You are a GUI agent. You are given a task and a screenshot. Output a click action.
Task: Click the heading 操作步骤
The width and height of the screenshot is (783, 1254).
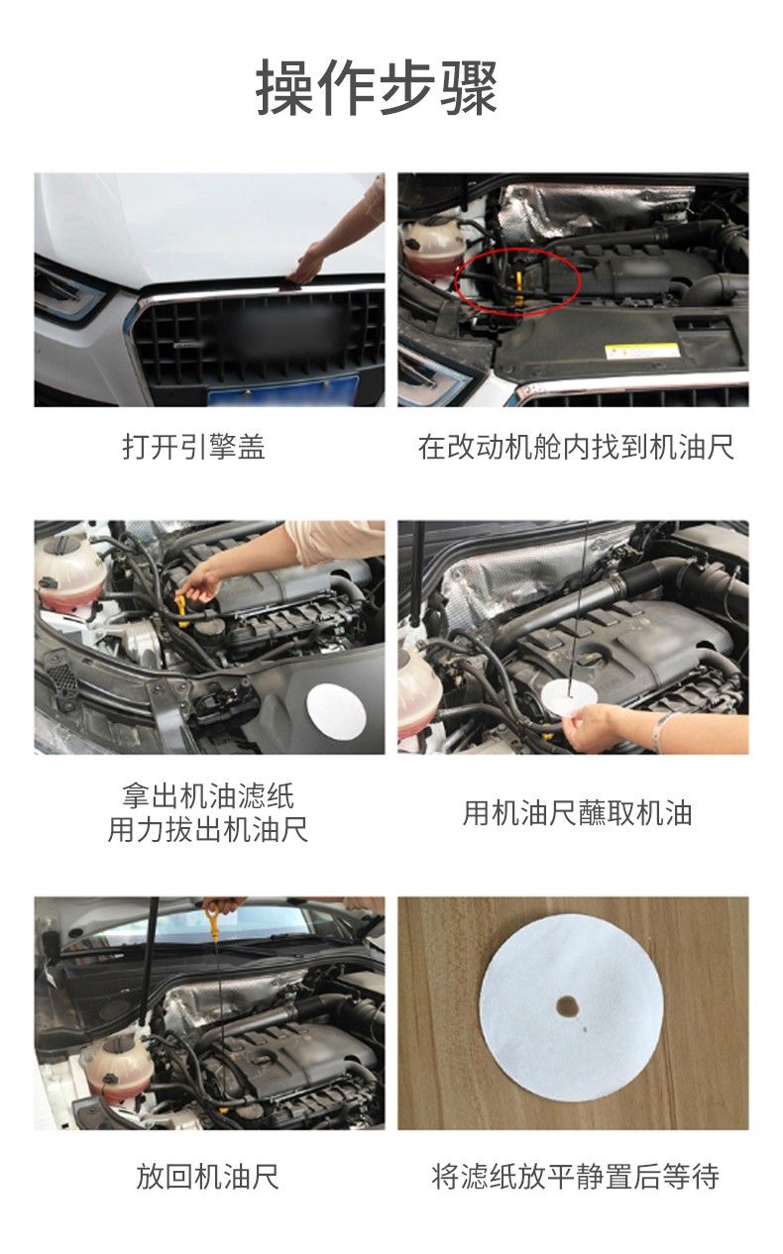(377, 88)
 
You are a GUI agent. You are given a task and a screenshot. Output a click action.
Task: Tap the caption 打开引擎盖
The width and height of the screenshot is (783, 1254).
(194, 448)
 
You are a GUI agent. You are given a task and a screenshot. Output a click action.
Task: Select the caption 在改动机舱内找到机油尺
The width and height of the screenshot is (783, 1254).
(576, 448)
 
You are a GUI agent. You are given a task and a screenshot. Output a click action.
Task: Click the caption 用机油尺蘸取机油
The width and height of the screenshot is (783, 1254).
(577, 813)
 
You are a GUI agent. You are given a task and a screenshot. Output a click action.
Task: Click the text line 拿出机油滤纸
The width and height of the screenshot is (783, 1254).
(208, 795)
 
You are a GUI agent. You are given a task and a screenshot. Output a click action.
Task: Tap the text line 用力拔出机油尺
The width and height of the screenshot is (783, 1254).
(208, 830)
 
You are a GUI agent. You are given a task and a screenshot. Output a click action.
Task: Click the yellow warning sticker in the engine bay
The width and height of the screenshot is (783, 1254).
(642, 353)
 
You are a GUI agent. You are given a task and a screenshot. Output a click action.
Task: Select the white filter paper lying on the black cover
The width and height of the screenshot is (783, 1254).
(337, 711)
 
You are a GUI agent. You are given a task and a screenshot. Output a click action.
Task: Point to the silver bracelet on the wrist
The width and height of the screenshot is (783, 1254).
(664, 730)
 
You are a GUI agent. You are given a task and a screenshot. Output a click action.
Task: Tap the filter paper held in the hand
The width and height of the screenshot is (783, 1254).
(569, 697)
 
